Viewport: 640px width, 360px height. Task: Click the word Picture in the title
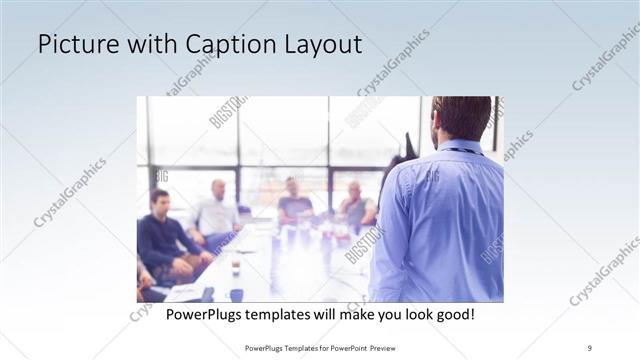[x=77, y=45]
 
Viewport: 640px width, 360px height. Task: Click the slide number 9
[x=589, y=346]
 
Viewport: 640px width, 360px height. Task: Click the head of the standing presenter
[x=461, y=118]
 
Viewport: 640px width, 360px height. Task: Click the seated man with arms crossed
[x=355, y=207]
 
